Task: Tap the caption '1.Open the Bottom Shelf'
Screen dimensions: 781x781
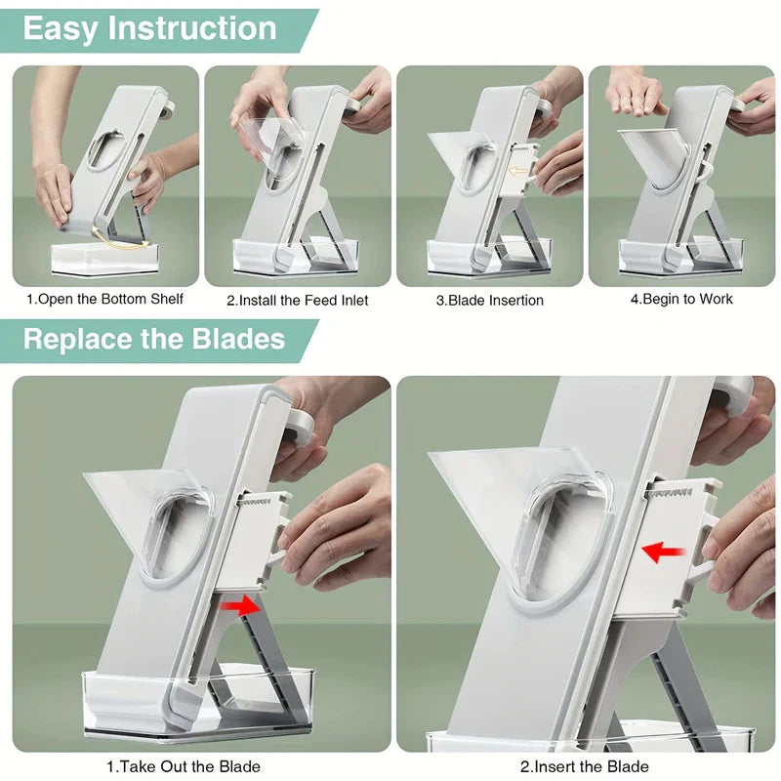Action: point(104,299)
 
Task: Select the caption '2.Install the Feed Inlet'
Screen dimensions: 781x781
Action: point(297,300)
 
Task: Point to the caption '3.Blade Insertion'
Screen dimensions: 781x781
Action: point(489,300)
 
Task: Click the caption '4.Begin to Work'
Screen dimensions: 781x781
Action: point(680,299)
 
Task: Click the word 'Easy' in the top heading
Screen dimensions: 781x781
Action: point(60,29)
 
